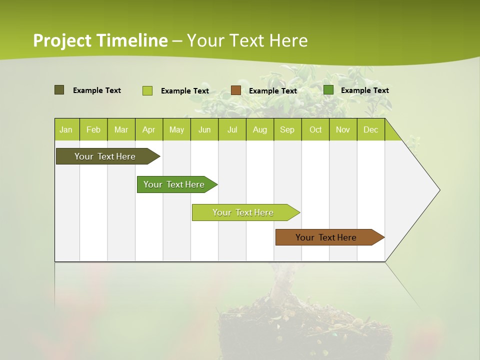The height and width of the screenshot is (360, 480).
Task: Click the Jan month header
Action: coord(66,129)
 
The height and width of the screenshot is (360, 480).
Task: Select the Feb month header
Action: coord(93,129)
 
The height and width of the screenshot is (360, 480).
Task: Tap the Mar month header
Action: coord(121,129)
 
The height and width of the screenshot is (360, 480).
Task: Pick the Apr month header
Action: coord(149,129)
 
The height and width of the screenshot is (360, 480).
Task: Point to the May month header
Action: coord(176,129)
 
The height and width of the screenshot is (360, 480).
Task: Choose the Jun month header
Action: coord(204,129)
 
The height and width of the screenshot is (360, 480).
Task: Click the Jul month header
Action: coord(232,129)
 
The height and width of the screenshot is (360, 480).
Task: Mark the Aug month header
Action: coord(260,129)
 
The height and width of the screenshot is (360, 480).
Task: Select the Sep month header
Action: coord(287,129)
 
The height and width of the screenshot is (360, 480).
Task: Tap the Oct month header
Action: coord(315,129)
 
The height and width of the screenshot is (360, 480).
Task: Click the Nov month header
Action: coord(343,129)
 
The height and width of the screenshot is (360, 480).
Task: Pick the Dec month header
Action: coord(370,129)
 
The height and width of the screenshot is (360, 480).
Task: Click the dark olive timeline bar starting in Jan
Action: coord(105,156)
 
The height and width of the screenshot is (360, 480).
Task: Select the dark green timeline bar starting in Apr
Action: coord(174,184)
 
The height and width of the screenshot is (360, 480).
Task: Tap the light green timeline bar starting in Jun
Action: coord(243,212)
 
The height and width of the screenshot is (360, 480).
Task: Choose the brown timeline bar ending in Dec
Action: coord(326,237)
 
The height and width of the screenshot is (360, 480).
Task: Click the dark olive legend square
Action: coord(59,90)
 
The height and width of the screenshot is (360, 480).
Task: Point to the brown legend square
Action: coord(236,90)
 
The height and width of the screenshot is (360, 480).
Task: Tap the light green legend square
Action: coord(147,90)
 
